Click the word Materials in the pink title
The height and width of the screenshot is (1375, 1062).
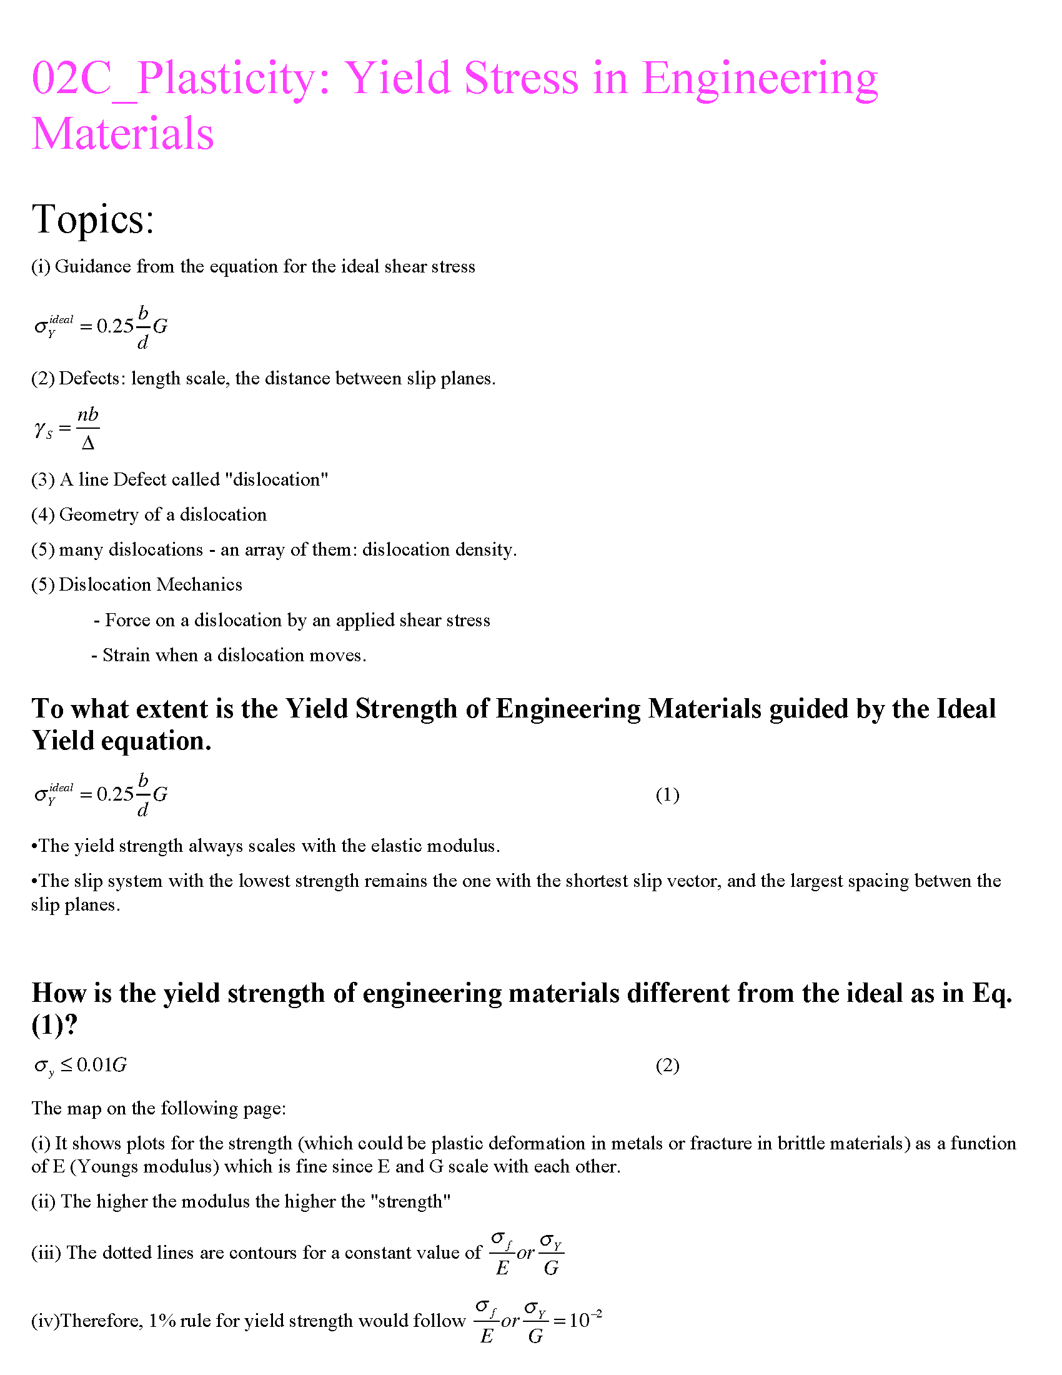(x=122, y=134)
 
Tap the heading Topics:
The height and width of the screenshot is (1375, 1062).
(x=93, y=219)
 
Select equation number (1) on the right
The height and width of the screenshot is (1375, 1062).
(x=667, y=795)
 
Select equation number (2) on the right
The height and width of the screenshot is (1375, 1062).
(x=667, y=1065)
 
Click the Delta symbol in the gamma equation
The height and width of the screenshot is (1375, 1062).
(x=88, y=444)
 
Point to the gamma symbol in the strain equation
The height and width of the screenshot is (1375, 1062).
(x=39, y=429)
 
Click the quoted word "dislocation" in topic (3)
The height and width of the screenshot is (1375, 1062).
(x=277, y=480)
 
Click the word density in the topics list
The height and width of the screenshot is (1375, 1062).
(x=485, y=549)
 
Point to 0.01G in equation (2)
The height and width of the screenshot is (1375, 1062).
(x=102, y=1065)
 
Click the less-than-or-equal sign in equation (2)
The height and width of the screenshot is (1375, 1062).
(x=67, y=1064)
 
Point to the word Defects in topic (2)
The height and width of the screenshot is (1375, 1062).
(x=92, y=378)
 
